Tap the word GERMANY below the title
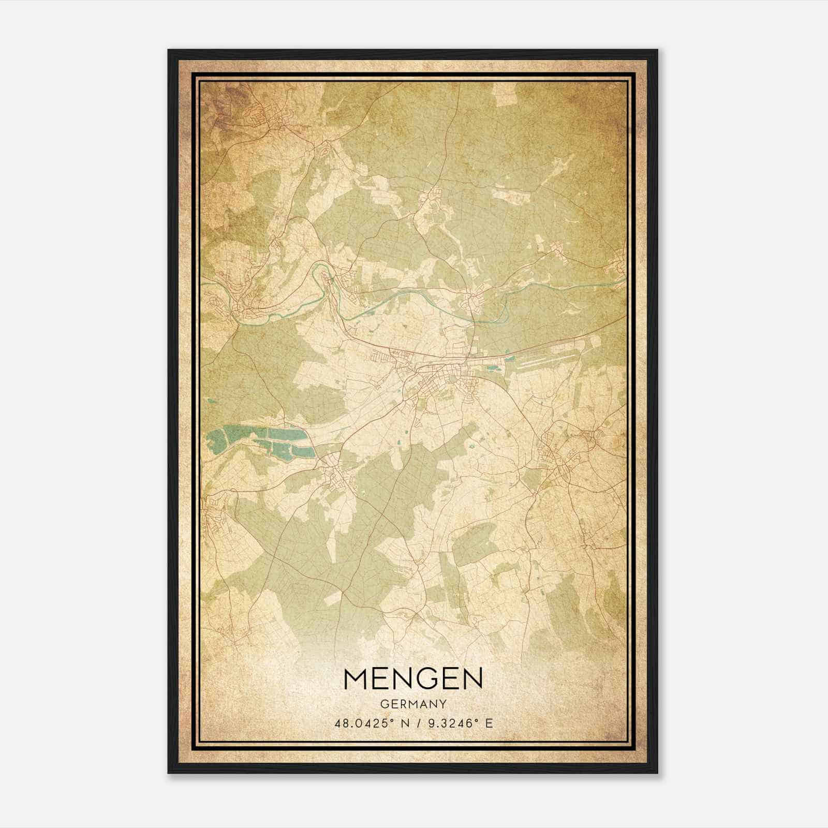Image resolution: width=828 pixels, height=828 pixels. [413, 704]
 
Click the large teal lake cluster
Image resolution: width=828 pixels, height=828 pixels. [269, 441]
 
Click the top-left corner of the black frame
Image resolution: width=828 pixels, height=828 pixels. [169, 51]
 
